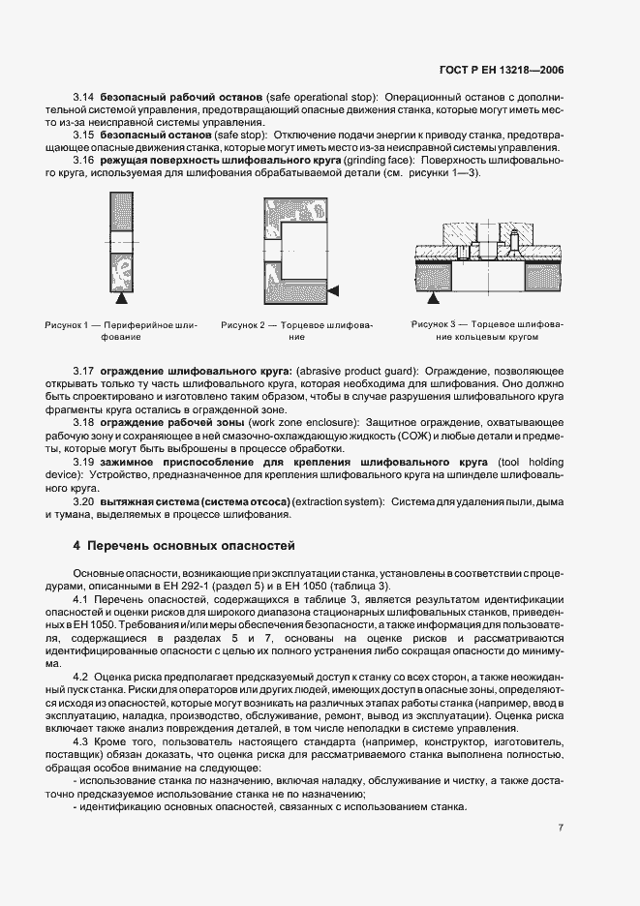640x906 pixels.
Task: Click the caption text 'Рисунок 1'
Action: (67, 325)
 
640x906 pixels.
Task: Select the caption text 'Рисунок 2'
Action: (246, 325)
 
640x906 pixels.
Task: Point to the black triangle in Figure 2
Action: (333, 290)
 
